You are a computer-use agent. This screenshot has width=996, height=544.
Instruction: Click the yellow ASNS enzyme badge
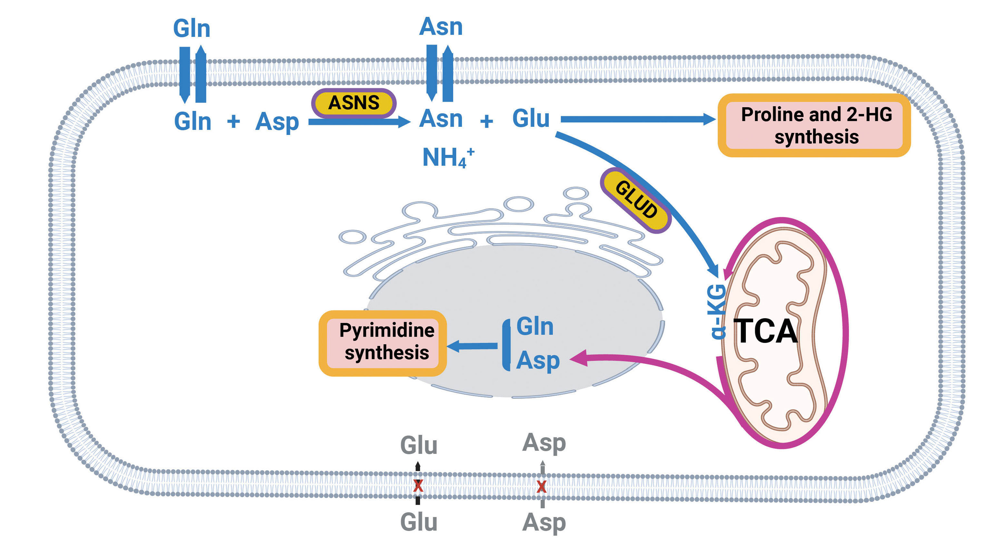coord(353,103)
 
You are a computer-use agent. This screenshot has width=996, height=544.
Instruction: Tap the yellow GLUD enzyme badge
coord(636,200)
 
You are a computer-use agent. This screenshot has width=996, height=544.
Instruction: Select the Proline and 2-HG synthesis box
coord(814,125)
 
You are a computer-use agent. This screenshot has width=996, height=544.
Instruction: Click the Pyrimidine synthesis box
coord(382,342)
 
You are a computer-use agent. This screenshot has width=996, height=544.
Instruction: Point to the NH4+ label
coord(448,157)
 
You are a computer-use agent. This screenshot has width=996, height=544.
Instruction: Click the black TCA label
coord(765,331)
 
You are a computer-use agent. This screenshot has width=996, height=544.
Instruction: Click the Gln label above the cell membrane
coord(192,29)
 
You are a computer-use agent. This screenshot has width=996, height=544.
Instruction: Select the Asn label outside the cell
coord(441,27)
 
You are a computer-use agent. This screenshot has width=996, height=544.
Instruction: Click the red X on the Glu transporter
coord(418,486)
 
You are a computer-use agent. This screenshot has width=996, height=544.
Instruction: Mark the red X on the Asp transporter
coord(542,486)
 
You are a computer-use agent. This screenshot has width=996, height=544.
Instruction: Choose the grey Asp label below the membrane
coord(544,523)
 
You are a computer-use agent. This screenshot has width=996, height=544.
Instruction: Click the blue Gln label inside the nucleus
coord(535,327)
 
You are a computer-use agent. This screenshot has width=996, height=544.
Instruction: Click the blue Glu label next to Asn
coord(531,118)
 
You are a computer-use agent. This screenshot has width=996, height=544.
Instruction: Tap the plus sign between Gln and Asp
coord(233,122)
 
